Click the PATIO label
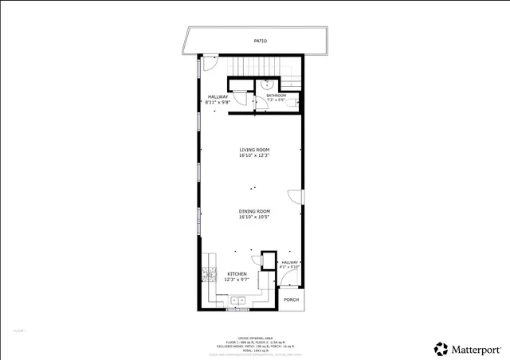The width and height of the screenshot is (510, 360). click(x=260, y=41)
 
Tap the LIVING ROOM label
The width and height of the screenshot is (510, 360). click(x=254, y=150)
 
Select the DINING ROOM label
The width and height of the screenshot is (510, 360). click(x=254, y=211)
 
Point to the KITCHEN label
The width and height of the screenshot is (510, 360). click(x=237, y=274)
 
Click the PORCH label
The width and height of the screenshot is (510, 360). click(x=292, y=300)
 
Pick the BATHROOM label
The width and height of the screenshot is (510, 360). click(x=276, y=96)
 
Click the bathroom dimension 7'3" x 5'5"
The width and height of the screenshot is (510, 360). click(x=276, y=100)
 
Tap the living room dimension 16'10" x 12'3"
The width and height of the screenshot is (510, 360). click(x=254, y=155)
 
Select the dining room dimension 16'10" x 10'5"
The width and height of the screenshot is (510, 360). click(x=254, y=217)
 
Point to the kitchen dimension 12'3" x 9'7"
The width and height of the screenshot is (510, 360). click(x=237, y=280)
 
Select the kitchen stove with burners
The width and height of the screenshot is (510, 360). click(x=210, y=275)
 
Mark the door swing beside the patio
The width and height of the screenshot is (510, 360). click(x=210, y=62)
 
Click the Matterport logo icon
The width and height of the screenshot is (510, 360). click(x=441, y=349)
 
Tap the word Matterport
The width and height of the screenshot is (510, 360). click(x=477, y=349)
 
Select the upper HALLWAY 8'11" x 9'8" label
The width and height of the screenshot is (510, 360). click(x=218, y=99)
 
